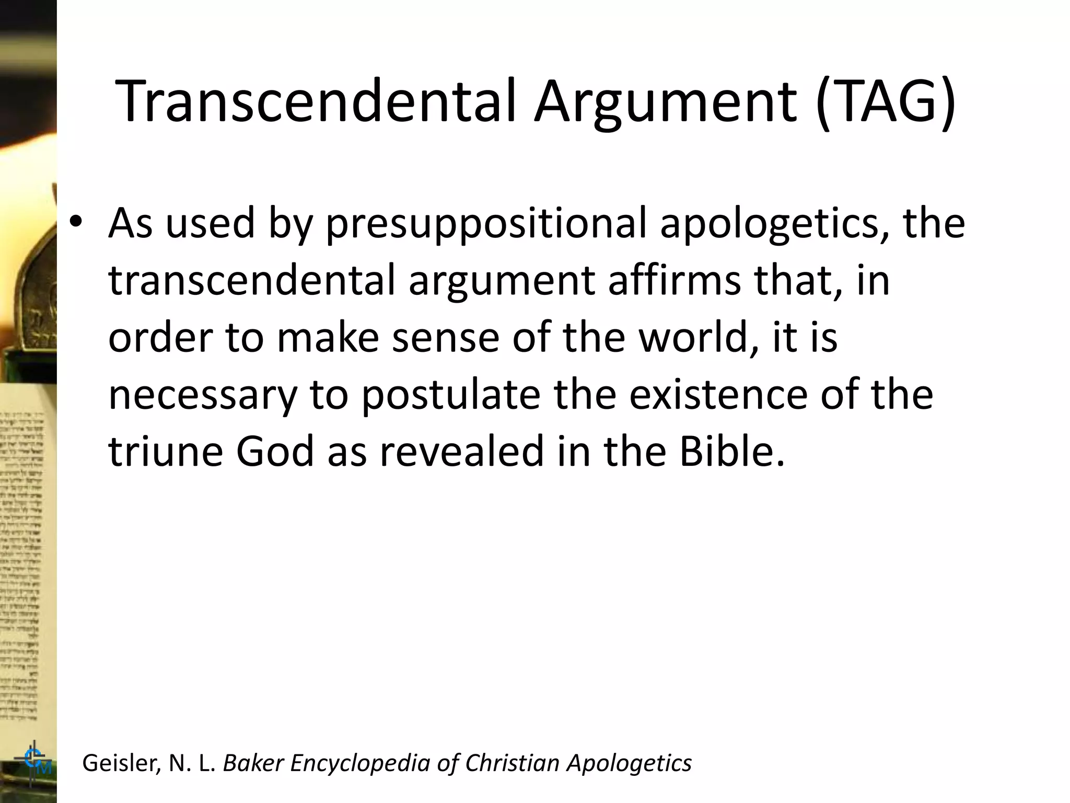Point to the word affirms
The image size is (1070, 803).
(x=674, y=280)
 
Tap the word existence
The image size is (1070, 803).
(x=718, y=395)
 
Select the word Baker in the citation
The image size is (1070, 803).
(x=253, y=763)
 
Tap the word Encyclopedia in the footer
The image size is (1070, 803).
(x=360, y=764)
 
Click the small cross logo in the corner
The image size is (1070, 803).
(x=34, y=761)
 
